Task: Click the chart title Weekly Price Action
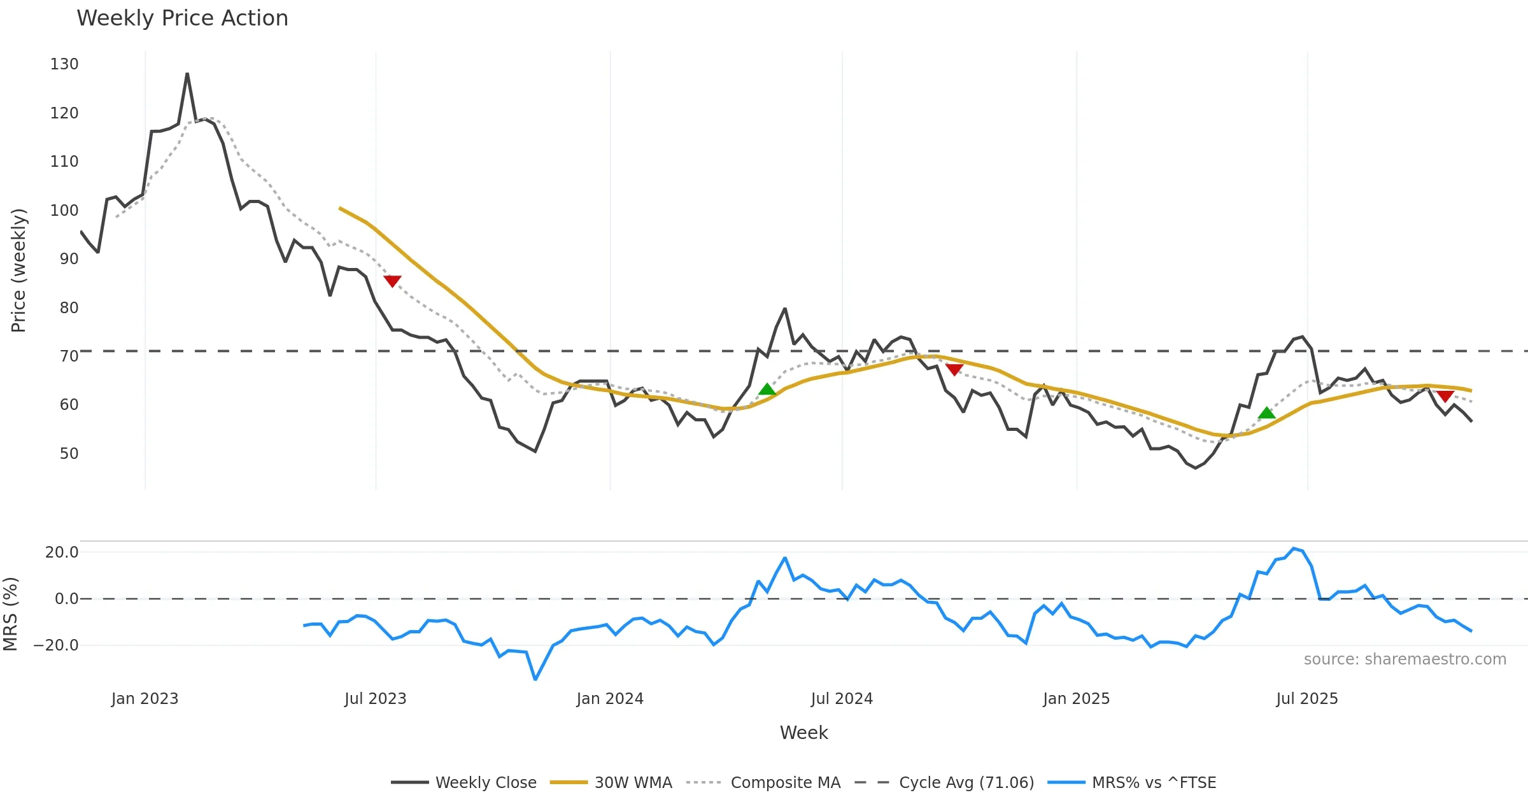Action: pyautogui.click(x=182, y=18)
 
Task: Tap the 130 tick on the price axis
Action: pyautogui.click(x=64, y=64)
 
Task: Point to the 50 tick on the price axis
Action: pyautogui.click(x=69, y=454)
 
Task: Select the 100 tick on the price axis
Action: pyautogui.click(x=64, y=211)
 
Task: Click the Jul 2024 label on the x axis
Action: pyautogui.click(x=842, y=699)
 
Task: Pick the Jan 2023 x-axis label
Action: pyautogui.click(x=145, y=699)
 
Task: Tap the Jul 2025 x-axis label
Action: pyautogui.click(x=1307, y=699)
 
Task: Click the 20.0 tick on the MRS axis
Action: pyautogui.click(x=62, y=552)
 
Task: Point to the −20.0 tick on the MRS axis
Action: pyautogui.click(x=56, y=645)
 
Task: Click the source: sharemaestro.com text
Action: pyautogui.click(x=1405, y=659)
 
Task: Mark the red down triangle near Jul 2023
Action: pyautogui.click(x=392, y=281)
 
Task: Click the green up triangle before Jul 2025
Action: pyautogui.click(x=1267, y=413)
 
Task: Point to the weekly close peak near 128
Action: pyautogui.click(x=187, y=74)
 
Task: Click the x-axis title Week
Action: pyautogui.click(x=803, y=733)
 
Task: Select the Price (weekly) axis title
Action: pyautogui.click(x=18, y=271)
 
